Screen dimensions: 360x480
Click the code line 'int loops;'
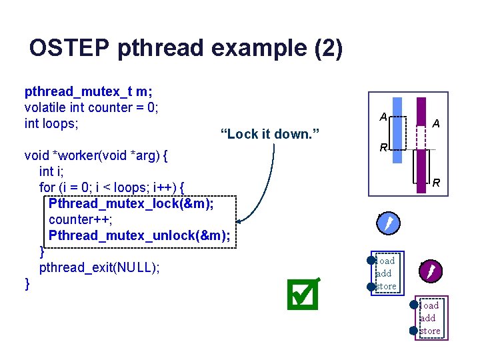pos(51,123)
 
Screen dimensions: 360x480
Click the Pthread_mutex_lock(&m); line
pos(131,203)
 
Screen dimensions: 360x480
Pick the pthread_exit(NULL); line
pos(99,267)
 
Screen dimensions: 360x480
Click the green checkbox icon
pos(303,294)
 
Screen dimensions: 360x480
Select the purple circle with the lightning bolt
pos(431,269)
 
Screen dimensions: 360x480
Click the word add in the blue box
pos(384,273)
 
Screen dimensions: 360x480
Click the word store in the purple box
pos(430,331)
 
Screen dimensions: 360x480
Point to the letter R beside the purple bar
pos(436,182)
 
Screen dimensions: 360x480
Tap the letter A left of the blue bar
pos(383,117)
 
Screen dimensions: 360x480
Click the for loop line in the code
pos(111,187)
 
